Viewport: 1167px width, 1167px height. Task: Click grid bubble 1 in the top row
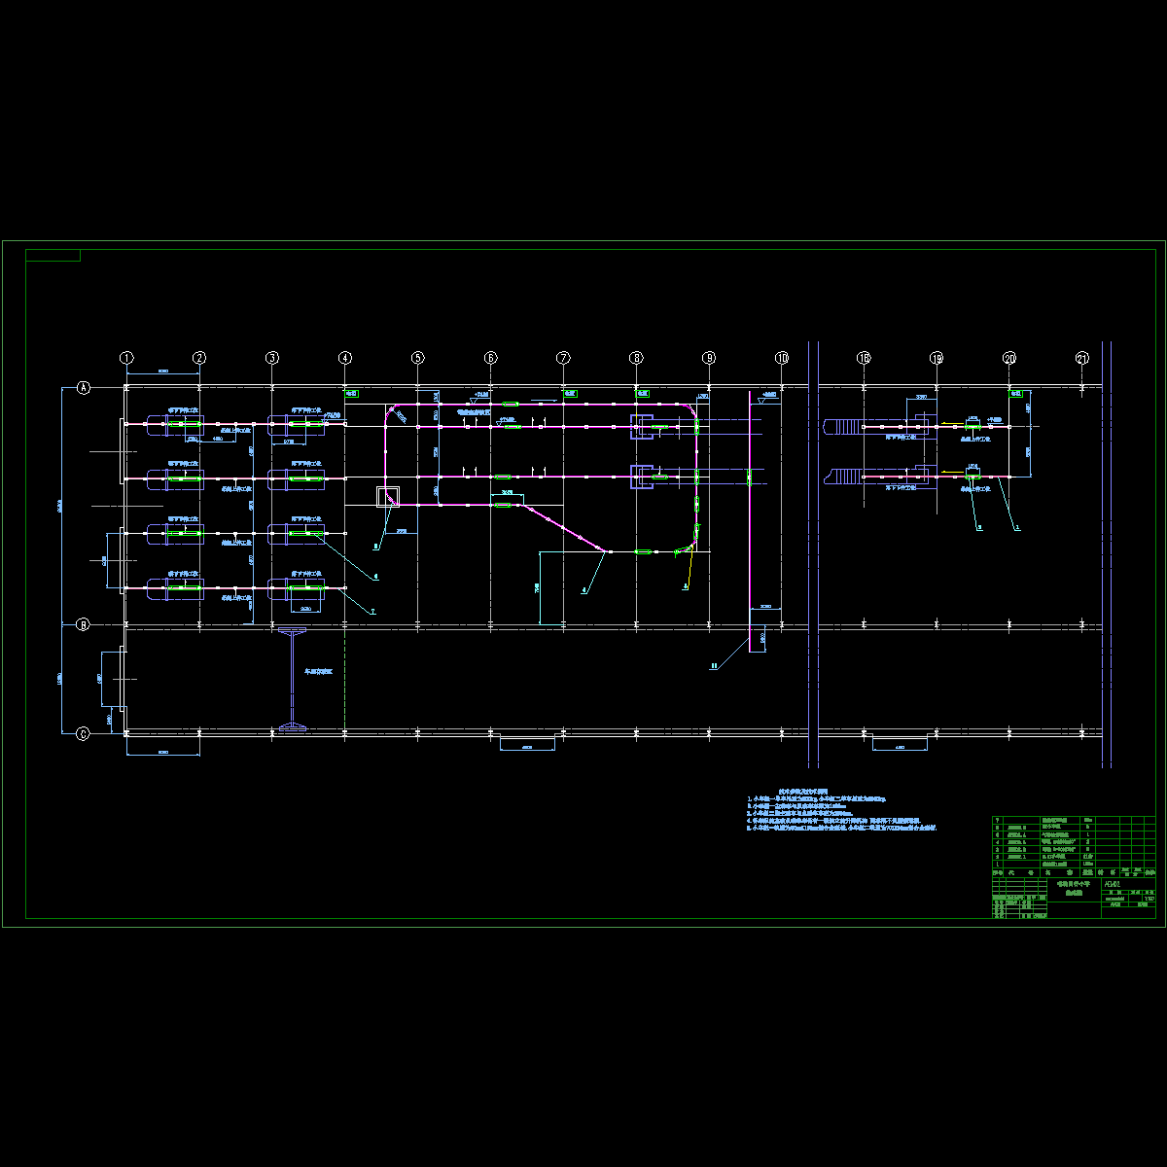click(x=126, y=358)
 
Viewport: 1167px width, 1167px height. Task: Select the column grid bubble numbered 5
click(x=417, y=358)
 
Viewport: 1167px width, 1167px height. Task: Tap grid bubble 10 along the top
click(x=782, y=358)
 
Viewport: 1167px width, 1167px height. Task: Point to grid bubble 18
click(x=864, y=358)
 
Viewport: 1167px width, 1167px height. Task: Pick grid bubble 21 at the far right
click(x=1082, y=358)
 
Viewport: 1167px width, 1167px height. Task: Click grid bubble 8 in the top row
click(x=636, y=358)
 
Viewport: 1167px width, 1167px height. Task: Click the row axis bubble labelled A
click(x=84, y=387)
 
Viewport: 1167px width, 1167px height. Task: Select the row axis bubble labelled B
click(x=84, y=625)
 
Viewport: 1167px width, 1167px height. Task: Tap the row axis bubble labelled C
click(x=84, y=734)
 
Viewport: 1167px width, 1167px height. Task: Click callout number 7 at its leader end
click(x=372, y=612)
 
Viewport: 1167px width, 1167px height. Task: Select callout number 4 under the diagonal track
click(x=584, y=590)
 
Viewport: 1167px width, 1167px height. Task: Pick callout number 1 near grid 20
click(x=1017, y=526)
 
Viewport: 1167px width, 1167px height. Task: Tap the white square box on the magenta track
click(x=388, y=497)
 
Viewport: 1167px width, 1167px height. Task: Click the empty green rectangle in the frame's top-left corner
click(x=53, y=256)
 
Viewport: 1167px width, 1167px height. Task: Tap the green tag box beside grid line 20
click(x=1016, y=394)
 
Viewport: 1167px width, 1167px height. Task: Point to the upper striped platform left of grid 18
click(x=842, y=426)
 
